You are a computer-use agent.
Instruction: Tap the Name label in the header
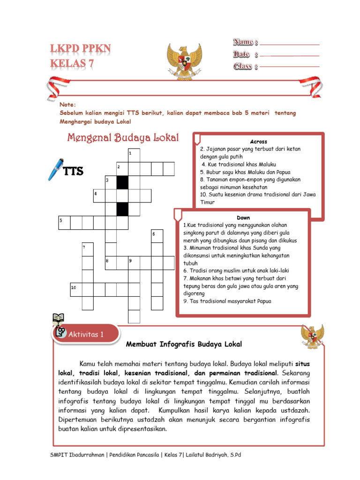(243, 43)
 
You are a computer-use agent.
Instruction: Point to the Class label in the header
(244, 66)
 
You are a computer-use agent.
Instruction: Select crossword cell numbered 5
(64, 222)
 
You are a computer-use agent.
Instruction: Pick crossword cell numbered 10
(76, 289)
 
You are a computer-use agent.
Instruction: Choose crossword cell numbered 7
(88, 249)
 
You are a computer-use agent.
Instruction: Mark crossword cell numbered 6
(157, 236)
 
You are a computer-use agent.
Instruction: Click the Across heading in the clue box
(258, 142)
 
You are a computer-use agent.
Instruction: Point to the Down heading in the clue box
(243, 218)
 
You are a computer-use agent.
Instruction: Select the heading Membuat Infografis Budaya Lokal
(184, 345)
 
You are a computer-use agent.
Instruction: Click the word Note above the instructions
(67, 104)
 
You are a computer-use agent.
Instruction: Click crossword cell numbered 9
(134, 262)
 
